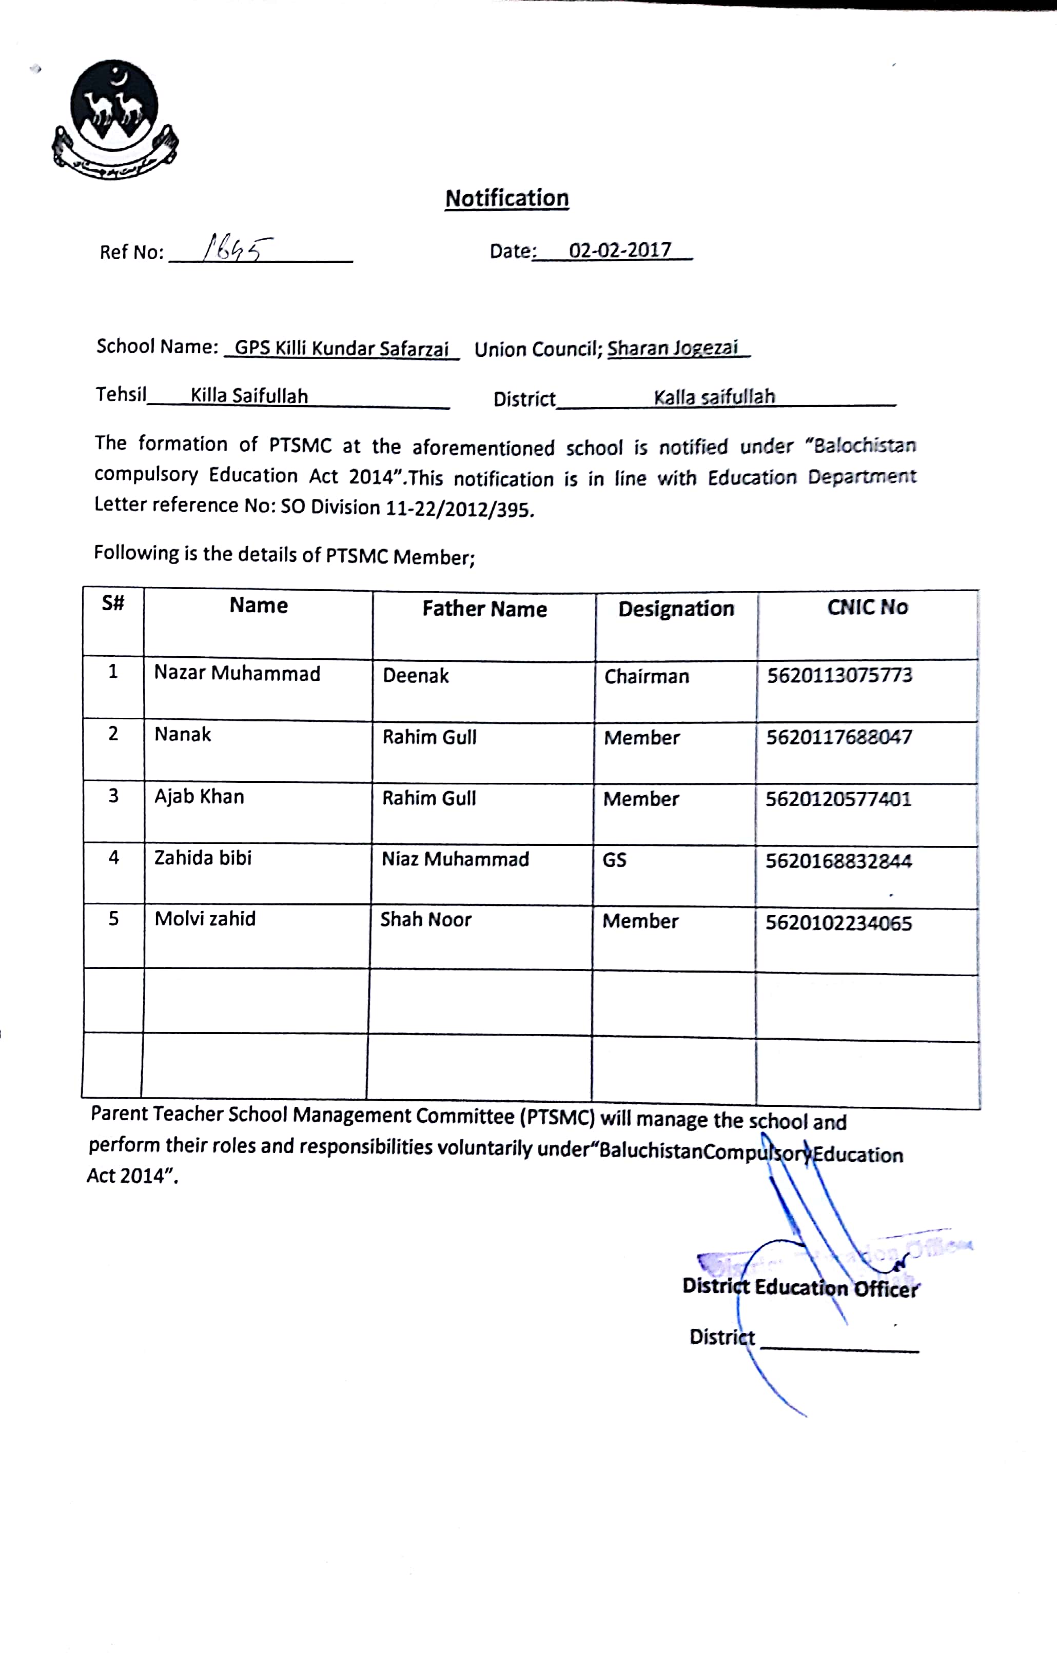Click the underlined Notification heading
pyautogui.click(x=507, y=198)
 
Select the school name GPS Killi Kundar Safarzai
pyautogui.click(x=342, y=348)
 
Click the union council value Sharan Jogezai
pyautogui.click(x=672, y=348)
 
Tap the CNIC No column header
pyautogui.click(x=867, y=607)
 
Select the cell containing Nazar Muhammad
pyautogui.click(x=237, y=673)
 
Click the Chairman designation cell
pyautogui.click(x=647, y=676)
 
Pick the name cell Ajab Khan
pyautogui.click(x=199, y=796)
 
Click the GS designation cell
pyautogui.click(x=614, y=859)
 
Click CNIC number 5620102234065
pyautogui.click(x=839, y=923)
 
